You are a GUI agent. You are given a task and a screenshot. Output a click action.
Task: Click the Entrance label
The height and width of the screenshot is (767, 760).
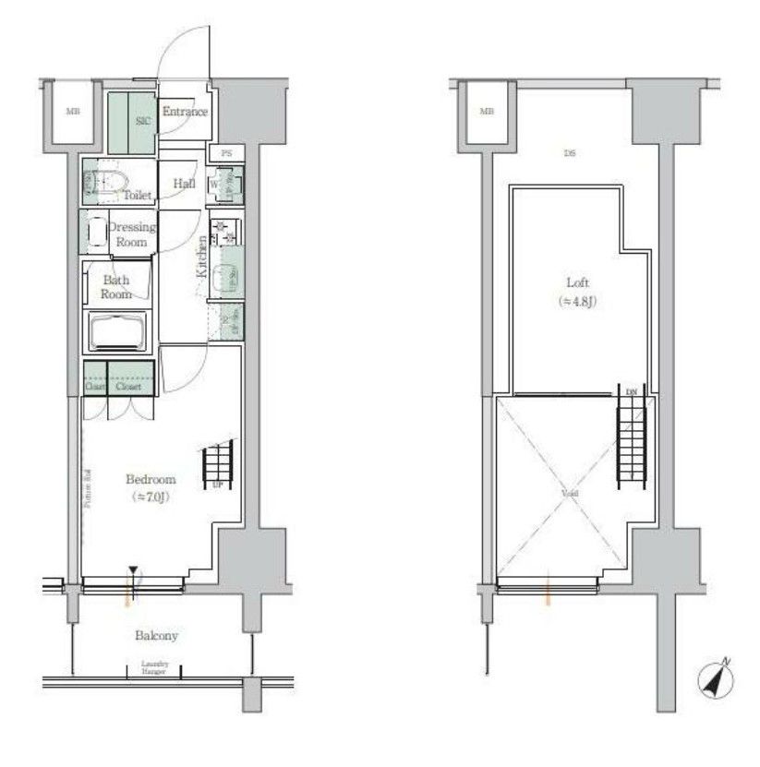(x=185, y=113)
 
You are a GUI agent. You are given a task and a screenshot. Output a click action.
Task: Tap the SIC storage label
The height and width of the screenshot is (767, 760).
(x=143, y=119)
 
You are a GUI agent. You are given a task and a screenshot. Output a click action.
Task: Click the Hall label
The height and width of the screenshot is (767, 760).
(x=184, y=184)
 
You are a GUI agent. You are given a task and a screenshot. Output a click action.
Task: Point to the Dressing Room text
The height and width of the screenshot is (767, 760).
(x=131, y=234)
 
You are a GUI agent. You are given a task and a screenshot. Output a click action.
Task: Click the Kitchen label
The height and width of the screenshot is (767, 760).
(x=201, y=258)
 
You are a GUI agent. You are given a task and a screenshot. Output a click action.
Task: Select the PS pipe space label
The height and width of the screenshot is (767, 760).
(x=226, y=153)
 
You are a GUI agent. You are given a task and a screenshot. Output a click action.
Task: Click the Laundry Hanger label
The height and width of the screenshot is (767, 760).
(x=154, y=668)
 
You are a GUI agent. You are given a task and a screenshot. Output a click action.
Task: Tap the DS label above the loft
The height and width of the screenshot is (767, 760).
(x=570, y=153)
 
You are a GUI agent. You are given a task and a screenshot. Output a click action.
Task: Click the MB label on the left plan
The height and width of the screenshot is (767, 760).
(x=71, y=113)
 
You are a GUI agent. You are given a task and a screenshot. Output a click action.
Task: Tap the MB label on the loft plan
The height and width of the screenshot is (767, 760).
(x=487, y=113)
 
